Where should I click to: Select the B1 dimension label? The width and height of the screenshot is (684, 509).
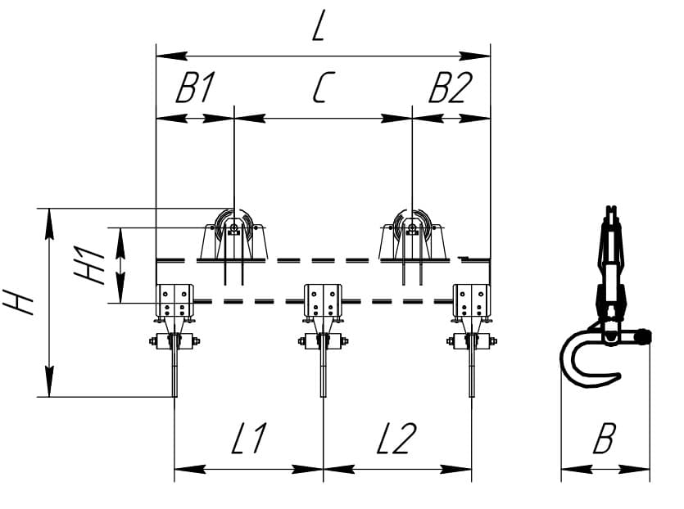(x=195, y=88)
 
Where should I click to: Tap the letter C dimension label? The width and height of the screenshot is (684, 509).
(x=324, y=88)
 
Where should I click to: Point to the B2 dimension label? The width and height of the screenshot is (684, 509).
(x=451, y=88)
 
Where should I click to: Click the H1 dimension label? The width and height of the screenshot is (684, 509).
(x=89, y=265)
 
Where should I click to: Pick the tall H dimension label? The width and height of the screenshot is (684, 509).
(x=18, y=301)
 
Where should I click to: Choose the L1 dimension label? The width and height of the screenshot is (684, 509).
(x=248, y=438)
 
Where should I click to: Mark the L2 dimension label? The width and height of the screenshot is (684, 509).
(x=396, y=438)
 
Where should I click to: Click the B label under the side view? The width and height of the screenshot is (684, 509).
(x=605, y=438)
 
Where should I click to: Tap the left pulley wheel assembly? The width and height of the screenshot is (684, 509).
(x=234, y=235)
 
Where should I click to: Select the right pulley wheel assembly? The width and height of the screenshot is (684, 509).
(x=412, y=235)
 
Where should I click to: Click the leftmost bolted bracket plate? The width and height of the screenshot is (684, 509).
(x=174, y=301)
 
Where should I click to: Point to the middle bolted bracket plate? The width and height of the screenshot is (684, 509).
(x=323, y=301)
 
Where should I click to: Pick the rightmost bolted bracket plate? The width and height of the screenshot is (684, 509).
(x=471, y=301)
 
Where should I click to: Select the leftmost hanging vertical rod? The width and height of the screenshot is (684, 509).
(x=175, y=366)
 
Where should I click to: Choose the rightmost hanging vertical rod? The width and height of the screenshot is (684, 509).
(x=472, y=366)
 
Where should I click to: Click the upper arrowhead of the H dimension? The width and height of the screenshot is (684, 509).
(x=50, y=224)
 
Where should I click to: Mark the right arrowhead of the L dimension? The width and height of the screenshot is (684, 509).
(x=474, y=56)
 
